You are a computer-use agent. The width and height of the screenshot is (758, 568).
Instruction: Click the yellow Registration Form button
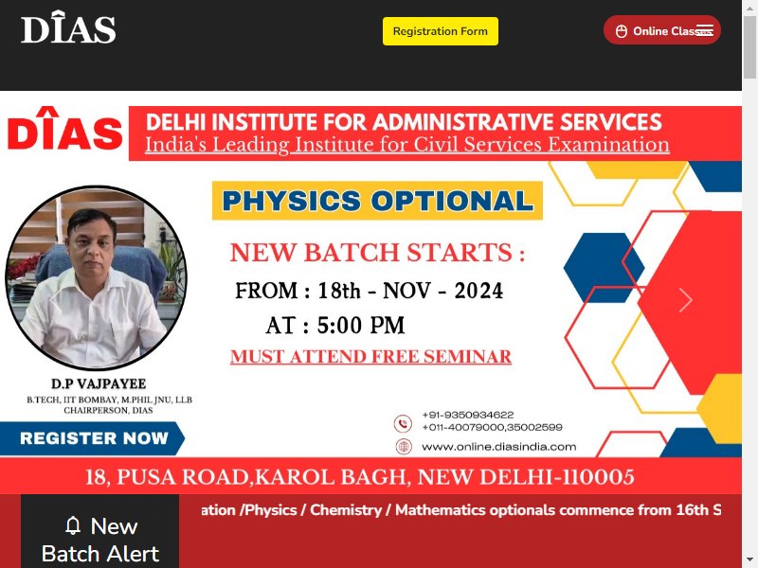point(441,31)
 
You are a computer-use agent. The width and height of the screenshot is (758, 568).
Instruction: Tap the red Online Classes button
point(661,30)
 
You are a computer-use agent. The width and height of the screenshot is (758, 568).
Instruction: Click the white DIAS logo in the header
point(68,27)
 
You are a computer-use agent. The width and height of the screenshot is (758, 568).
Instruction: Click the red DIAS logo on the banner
point(65,129)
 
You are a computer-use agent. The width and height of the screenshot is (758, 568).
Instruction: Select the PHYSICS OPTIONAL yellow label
point(377,201)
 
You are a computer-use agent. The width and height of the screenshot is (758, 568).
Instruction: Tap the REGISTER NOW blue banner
point(92,438)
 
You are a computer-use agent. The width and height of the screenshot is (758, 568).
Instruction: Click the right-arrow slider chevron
point(685,300)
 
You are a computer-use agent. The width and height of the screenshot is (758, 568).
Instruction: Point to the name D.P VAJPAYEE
point(99,383)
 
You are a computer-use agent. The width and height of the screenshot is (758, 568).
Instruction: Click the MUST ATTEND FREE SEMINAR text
point(370,357)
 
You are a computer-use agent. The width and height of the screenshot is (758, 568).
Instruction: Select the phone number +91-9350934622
point(467,415)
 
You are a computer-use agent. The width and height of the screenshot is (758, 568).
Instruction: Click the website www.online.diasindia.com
point(499,447)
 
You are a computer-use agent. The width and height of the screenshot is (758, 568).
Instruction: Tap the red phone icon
point(403,423)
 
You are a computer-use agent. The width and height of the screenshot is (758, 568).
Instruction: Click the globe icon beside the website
point(404,446)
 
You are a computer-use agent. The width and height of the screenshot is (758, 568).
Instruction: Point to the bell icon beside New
point(73,525)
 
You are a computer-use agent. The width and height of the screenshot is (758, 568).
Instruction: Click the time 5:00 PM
point(361,325)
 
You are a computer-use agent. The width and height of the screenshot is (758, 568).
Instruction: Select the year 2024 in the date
point(478,291)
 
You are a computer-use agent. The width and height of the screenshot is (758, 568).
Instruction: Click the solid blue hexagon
point(604,268)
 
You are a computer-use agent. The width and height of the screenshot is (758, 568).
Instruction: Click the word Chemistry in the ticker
point(346,510)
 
